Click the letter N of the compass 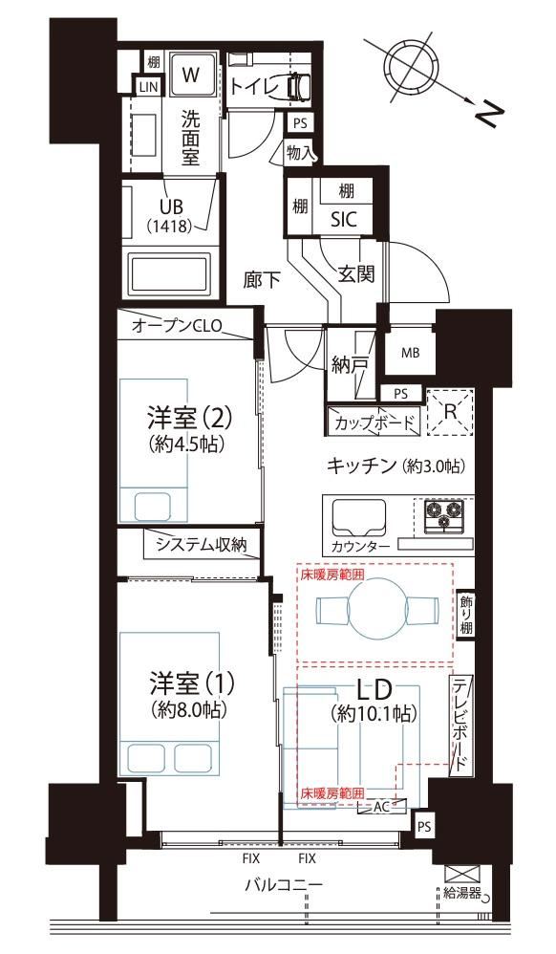(490, 114)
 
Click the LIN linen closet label (148, 87)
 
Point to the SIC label (344, 220)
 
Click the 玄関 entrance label (356, 273)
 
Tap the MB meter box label (410, 353)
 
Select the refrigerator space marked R (450, 412)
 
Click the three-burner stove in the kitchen (442, 516)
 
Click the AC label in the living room (381, 807)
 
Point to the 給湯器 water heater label (462, 894)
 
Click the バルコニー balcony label (284, 884)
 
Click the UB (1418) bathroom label (170, 216)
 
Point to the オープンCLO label (177, 326)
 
